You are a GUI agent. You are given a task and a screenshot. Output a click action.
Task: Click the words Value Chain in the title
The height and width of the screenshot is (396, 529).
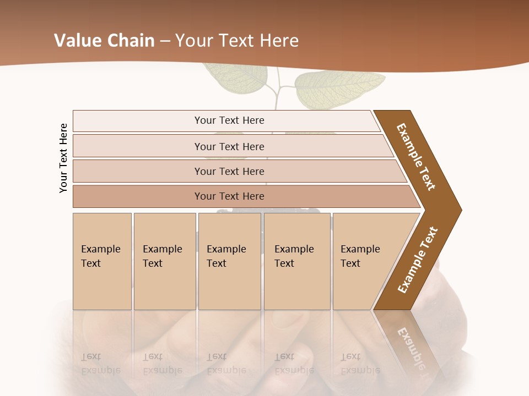coord(104,41)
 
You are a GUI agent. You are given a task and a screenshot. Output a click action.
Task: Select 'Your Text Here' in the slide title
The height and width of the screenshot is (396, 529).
coord(237,41)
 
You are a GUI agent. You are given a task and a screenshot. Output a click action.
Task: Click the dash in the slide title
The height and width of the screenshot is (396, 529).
coord(165,41)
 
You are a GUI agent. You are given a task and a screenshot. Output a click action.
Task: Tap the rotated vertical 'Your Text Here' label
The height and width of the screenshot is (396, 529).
coord(63,158)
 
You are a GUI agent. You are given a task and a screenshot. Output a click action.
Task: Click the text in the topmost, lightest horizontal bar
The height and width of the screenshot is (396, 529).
coord(229,120)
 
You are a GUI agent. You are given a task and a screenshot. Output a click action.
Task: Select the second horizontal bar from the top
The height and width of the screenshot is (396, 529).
coord(229,146)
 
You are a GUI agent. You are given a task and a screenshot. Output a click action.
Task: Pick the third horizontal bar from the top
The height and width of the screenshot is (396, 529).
coord(229,171)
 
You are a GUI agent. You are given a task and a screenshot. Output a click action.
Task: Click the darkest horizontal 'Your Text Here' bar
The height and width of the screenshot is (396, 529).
coord(229,196)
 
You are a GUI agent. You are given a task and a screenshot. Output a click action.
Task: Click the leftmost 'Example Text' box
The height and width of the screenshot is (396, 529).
coord(102,261)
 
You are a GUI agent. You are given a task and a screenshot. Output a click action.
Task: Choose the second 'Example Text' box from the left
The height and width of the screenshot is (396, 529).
coord(164,261)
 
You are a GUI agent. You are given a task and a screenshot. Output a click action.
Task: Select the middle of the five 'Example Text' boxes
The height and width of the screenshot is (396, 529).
coord(229,261)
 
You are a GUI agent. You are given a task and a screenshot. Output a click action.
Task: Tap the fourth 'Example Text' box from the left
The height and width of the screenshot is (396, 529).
coord(297,261)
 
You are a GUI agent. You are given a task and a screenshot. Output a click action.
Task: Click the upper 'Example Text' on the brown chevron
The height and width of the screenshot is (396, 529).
coord(416,157)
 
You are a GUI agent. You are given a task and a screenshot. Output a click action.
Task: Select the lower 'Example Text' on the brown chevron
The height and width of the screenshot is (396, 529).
coord(417,260)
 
